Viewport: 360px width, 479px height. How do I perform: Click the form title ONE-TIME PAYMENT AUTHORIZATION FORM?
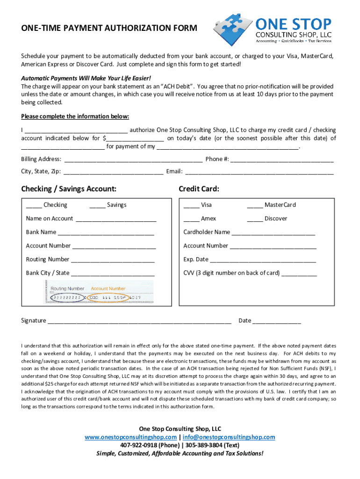pos(109,29)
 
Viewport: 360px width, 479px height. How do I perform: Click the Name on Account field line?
pos(115,219)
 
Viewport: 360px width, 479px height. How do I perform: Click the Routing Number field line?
pos(112,260)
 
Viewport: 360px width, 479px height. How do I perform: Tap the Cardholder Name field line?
pos(273,233)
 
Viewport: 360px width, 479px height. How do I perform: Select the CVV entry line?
pos(299,274)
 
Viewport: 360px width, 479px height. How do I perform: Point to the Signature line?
pos(139,321)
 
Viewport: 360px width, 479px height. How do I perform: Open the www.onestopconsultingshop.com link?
pos(130,437)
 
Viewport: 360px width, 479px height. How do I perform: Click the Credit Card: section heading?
pos(199,189)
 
